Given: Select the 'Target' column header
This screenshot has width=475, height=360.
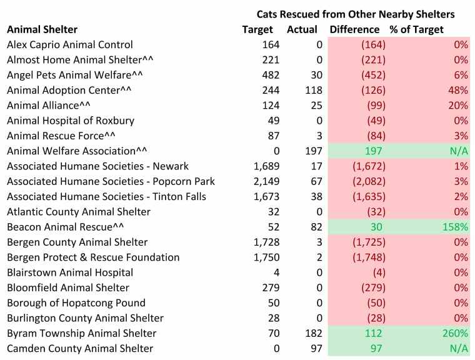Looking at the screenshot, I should pyautogui.click(x=257, y=29).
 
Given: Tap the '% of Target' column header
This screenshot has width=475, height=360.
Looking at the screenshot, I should pyautogui.click(x=416, y=29).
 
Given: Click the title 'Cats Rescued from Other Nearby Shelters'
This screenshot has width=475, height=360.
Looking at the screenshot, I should pyautogui.click(x=356, y=13).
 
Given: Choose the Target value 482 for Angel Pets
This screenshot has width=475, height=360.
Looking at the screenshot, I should pyautogui.click(x=270, y=75).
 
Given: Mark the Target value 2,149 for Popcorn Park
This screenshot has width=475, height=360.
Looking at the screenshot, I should pyautogui.click(x=266, y=181).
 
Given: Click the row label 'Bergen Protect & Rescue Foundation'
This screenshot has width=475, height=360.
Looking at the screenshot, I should pyautogui.click(x=92, y=257).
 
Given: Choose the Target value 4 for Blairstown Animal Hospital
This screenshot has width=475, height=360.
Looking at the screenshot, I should pyautogui.click(x=276, y=272).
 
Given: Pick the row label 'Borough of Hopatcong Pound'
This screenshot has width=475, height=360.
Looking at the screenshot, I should pyautogui.click(x=76, y=303).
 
